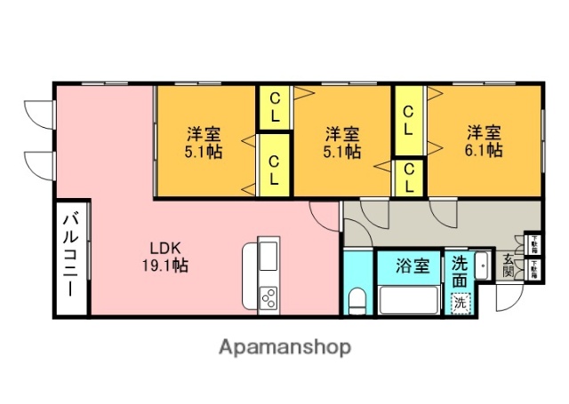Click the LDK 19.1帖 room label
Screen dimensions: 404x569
click(167, 256)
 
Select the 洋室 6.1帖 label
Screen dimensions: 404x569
click(485, 141)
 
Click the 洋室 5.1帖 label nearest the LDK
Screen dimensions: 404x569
click(204, 142)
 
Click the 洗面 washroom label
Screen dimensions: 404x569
click(459, 271)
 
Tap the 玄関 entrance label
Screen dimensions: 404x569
click(509, 265)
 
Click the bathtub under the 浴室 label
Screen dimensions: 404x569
click(409, 299)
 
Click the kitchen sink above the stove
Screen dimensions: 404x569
click(268, 257)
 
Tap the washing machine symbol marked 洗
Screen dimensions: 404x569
click(460, 302)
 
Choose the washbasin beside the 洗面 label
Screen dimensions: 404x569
click(482, 265)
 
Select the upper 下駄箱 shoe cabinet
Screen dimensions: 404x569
click(533, 242)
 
